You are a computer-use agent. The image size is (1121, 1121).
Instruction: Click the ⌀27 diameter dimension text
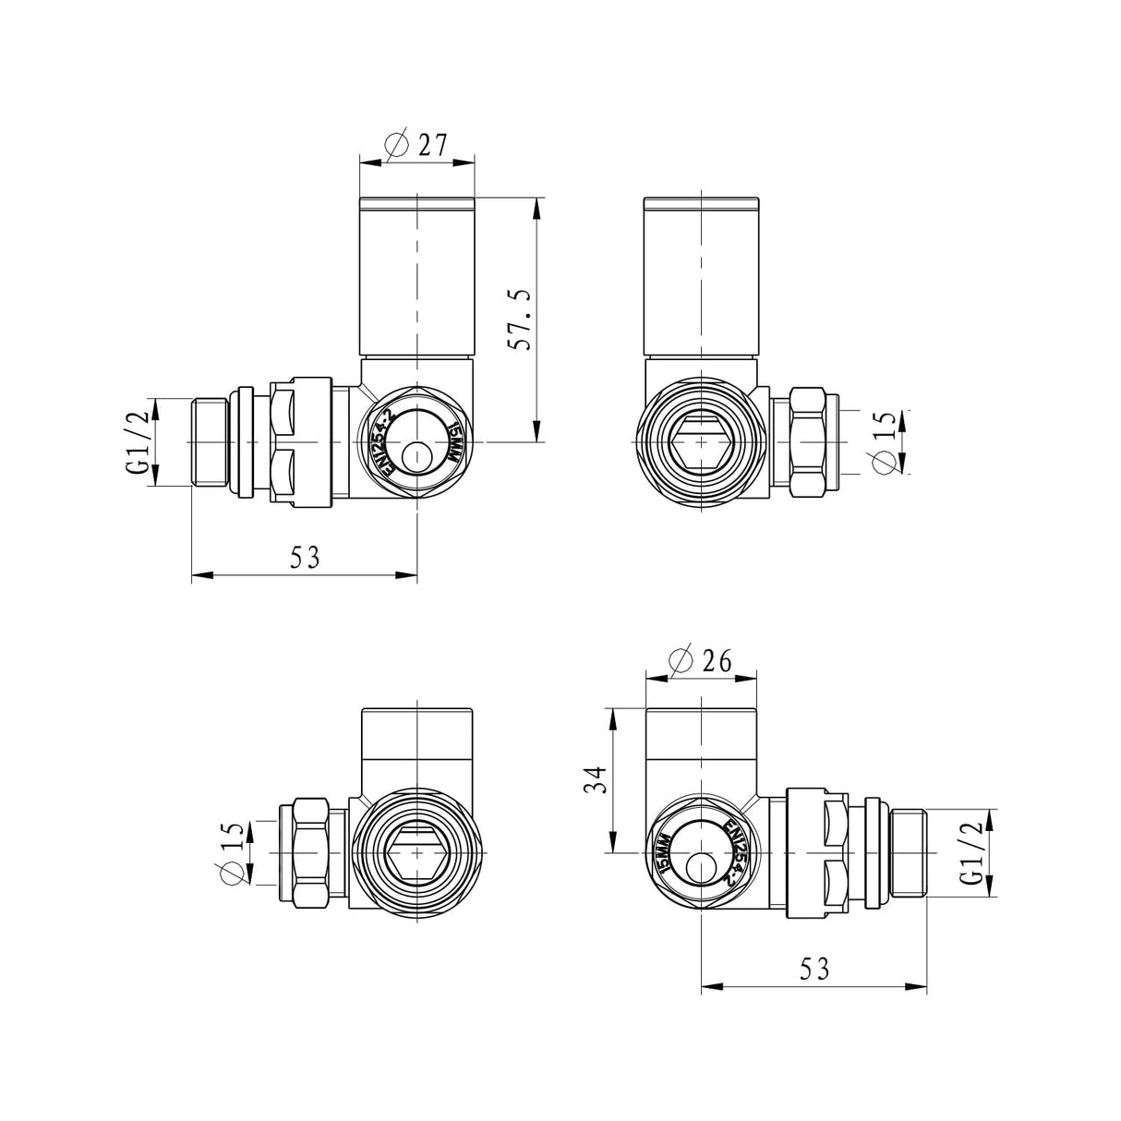(x=416, y=145)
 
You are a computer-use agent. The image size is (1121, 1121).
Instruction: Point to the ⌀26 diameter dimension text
(x=700, y=661)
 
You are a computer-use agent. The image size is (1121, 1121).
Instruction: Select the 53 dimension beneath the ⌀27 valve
(x=305, y=558)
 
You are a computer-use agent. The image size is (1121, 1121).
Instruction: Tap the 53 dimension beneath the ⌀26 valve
(x=814, y=969)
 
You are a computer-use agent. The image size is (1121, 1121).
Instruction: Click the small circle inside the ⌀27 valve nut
(x=417, y=456)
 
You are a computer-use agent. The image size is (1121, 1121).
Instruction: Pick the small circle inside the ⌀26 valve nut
(x=700, y=868)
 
